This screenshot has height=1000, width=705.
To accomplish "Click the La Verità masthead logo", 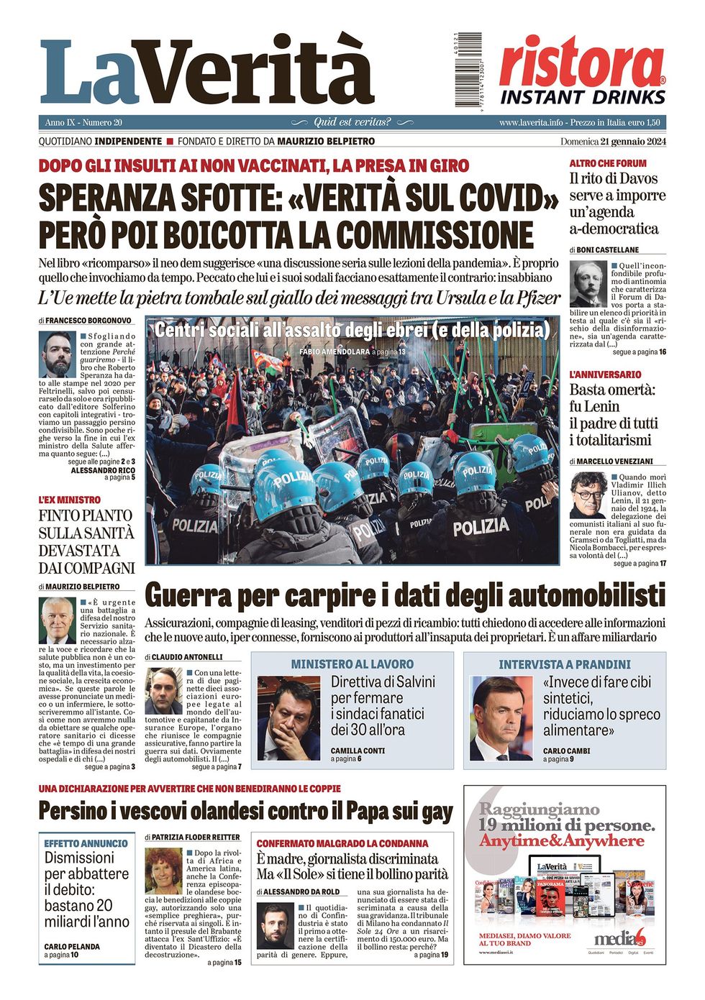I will [x=207, y=72].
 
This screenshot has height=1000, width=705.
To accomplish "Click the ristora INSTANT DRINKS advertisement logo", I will [x=583, y=70].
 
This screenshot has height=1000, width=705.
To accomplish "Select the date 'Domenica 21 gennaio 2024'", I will [x=613, y=141].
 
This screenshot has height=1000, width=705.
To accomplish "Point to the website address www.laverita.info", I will [x=531, y=122].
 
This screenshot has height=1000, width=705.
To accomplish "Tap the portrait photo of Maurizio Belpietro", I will [x=57, y=620].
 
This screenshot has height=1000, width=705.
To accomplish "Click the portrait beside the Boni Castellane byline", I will [x=588, y=285].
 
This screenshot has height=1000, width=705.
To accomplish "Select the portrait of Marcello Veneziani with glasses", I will [x=588, y=495].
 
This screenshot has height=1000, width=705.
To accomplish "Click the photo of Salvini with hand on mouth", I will [x=288, y=718].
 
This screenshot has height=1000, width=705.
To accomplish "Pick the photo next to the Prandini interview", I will [x=501, y=718].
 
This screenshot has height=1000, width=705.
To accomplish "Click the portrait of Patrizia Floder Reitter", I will [x=163, y=871].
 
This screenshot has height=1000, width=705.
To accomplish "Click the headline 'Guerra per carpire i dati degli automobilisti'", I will [x=404, y=596].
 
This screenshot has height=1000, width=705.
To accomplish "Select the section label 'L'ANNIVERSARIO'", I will [x=605, y=375].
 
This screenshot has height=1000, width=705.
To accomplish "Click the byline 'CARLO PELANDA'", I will [x=72, y=947].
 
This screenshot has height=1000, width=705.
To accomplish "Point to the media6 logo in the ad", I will [x=620, y=937].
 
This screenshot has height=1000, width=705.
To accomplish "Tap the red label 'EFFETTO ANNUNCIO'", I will [x=86, y=843].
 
